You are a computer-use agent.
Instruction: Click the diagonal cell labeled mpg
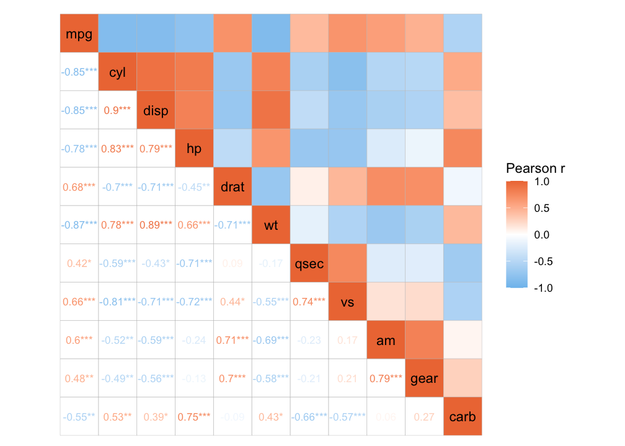click(x=79, y=34)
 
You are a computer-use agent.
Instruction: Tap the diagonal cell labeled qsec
click(x=309, y=263)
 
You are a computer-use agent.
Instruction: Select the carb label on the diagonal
click(x=463, y=417)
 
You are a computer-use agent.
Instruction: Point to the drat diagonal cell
click(x=233, y=187)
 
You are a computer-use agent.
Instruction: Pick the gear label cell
click(x=424, y=378)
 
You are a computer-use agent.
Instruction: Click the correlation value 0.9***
click(x=117, y=110)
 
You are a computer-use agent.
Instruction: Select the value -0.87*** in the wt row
click(x=79, y=225)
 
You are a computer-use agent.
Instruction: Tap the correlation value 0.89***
click(x=156, y=225)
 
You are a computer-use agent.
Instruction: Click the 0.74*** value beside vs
click(x=309, y=302)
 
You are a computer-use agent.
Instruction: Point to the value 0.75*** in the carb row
click(x=194, y=417)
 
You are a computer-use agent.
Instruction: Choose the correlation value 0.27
click(x=424, y=417)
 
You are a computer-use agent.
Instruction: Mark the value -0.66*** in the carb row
click(x=309, y=417)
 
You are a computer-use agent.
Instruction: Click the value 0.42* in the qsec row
click(x=79, y=263)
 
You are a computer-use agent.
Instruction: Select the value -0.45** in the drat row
click(x=194, y=187)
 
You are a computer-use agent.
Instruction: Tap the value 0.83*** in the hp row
click(x=117, y=149)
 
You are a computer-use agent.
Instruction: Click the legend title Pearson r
click(x=535, y=168)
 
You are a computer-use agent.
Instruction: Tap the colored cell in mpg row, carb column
click(x=463, y=34)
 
